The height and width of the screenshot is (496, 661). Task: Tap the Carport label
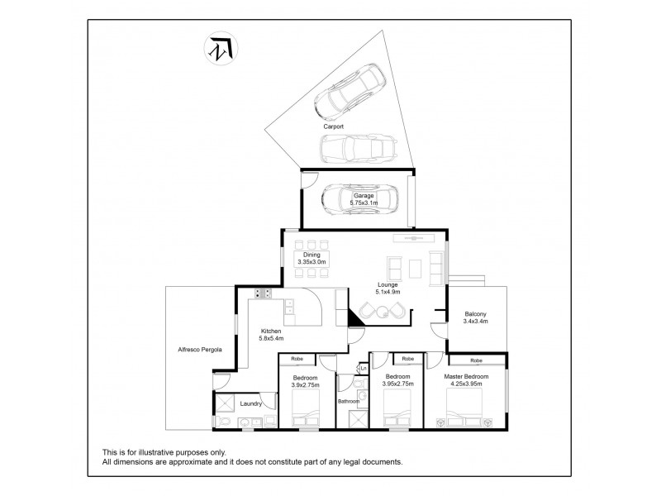(334, 126)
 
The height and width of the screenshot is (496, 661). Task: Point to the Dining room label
(310, 255)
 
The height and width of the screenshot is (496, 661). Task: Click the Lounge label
(388, 284)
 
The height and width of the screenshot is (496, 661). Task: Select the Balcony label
(475, 313)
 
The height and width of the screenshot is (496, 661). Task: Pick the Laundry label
(250, 404)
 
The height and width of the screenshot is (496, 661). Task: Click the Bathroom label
(349, 401)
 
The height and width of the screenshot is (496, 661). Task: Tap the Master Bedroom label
(466, 377)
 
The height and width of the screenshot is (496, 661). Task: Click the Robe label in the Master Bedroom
(477, 360)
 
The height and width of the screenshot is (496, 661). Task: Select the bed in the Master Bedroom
(464, 406)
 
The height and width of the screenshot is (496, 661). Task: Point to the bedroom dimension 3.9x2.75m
(305, 384)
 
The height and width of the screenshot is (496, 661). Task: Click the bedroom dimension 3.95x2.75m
(399, 384)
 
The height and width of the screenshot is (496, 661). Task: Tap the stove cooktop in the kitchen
(264, 293)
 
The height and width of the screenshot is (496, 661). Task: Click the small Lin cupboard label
(363, 369)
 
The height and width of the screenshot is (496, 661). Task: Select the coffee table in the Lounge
(415, 267)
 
